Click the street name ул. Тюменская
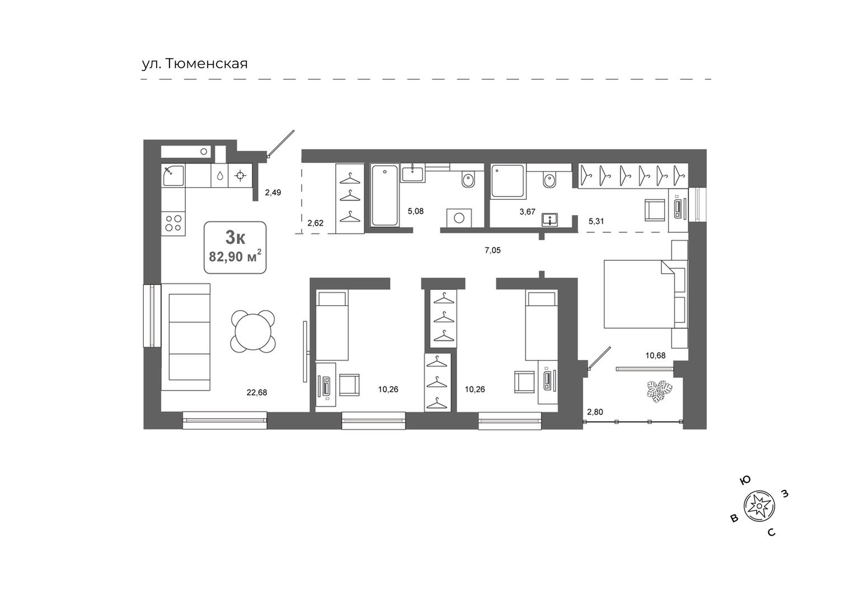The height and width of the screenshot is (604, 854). tap(195, 64)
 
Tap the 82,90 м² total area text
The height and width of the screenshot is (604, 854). tap(235, 256)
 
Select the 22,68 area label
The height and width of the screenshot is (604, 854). tap(257, 392)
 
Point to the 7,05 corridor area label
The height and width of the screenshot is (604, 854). tap(492, 251)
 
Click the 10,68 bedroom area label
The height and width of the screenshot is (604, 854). tap(655, 356)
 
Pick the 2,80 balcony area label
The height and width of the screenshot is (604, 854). tap(595, 412)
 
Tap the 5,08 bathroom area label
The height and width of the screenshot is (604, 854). tap(416, 211)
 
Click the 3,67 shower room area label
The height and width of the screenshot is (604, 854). tap(528, 212)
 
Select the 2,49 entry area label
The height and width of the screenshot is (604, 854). tap(273, 193)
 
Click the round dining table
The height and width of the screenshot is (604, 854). tap(253, 331)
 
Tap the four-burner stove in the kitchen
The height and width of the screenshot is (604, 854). tap(173, 223)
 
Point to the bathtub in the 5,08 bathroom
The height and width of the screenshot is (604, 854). tap(385, 195)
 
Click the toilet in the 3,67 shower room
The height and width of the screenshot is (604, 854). tap(549, 180)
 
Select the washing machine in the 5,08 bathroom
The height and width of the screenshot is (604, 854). tap(459, 218)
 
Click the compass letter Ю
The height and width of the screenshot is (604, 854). tap(745, 480)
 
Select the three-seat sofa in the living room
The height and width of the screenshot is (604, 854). tap(186, 336)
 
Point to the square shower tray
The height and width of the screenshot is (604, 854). tap(508, 181)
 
